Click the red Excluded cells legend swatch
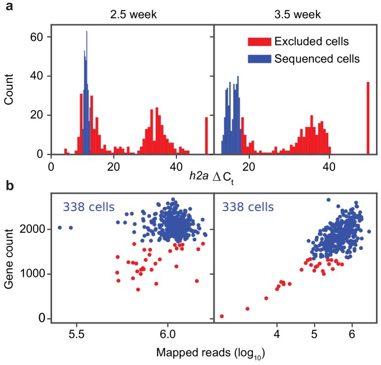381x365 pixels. tap(257, 42)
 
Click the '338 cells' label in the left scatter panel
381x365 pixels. tap(89, 208)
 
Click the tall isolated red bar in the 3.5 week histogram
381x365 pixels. tap(368, 118)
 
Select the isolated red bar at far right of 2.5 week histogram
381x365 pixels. tap(207, 135)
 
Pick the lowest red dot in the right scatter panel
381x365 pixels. tap(221, 317)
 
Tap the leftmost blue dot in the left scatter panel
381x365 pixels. tap(59, 227)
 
